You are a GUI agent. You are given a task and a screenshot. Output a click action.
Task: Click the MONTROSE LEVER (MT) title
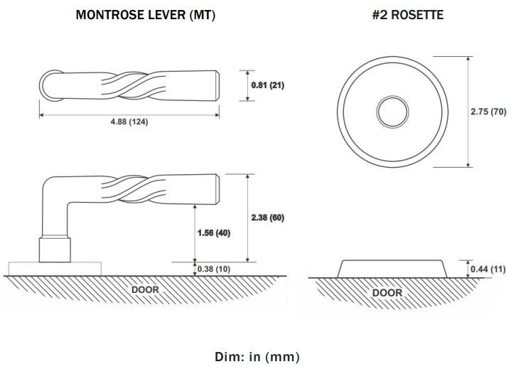click(x=146, y=15)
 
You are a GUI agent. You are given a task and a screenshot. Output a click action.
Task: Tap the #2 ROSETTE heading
click(x=408, y=15)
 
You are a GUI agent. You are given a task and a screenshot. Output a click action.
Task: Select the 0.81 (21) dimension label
click(x=267, y=85)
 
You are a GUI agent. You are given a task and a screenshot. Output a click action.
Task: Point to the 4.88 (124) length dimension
click(x=129, y=122)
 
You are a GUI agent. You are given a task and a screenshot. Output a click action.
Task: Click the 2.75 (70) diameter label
click(x=488, y=112)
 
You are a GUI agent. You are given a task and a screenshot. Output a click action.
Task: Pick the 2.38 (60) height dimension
click(x=267, y=218)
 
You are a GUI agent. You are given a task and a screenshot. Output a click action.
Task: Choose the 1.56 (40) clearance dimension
click(x=214, y=233)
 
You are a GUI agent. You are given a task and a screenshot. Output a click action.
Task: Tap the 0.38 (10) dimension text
click(x=214, y=269)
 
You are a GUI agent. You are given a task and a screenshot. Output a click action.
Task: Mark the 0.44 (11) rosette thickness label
click(x=488, y=269)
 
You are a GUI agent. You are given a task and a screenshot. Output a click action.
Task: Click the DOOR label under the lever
click(x=146, y=289)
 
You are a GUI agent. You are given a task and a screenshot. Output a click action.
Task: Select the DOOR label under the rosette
click(x=387, y=293)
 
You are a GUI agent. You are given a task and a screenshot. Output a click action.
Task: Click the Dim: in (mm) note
click(x=257, y=357)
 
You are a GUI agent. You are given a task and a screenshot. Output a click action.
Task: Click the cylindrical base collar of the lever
click(x=55, y=250)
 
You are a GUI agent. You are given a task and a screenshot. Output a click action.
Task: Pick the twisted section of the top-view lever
click(x=134, y=85)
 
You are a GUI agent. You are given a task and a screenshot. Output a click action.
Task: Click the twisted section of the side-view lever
click(x=134, y=188)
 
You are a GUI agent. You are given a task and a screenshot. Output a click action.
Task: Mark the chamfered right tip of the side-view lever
click(x=217, y=189)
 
